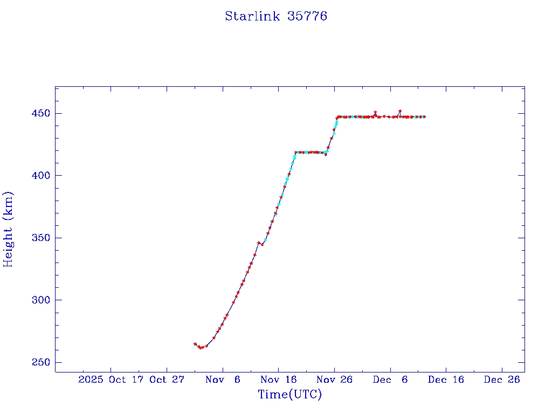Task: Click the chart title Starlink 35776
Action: pyautogui.click(x=276, y=16)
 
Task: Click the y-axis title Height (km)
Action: pyautogui.click(x=8, y=229)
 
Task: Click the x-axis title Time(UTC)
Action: pyautogui.click(x=289, y=395)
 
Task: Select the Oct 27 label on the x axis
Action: pyautogui.click(x=167, y=379)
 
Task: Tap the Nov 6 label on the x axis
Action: pyautogui.click(x=223, y=379)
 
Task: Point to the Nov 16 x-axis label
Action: pyautogui.click(x=278, y=379)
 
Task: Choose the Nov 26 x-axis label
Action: pyautogui.click(x=334, y=379)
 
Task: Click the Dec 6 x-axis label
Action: pyautogui.click(x=390, y=379)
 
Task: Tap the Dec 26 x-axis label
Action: pyautogui.click(x=501, y=379)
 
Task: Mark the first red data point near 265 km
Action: pyautogui.click(x=195, y=343)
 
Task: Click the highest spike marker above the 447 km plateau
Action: pyautogui.click(x=399, y=111)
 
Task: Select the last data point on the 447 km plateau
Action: pyautogui.click(x=424, y=116)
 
